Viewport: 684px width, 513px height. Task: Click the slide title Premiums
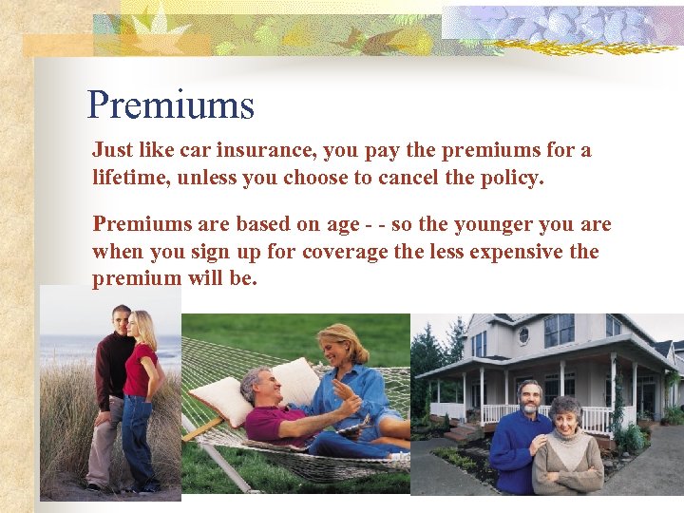[171, 104]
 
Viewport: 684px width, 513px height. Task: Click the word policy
[513, 177]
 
